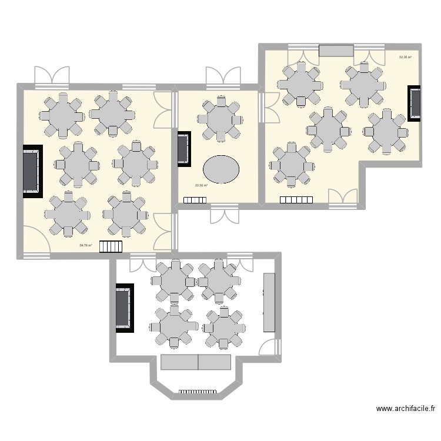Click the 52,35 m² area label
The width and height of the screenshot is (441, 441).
tap(405, 58)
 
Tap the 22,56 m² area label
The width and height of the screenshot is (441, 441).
tap(201, 186)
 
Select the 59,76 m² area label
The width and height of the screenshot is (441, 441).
tap(86, 245)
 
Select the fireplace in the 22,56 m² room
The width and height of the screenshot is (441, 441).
tap(184, 148)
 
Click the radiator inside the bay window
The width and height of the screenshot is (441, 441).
tap(198, 390)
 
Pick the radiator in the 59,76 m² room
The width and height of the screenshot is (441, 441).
tap(109, 246)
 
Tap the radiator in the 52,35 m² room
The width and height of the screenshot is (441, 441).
tap(296, 200)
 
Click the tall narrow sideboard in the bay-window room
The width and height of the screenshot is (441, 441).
tap(269, 302)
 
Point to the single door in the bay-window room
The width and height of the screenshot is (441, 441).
tap(268, 347)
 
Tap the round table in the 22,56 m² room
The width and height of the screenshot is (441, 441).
tap(220, 119)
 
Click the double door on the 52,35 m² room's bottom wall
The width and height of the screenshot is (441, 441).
tap(343, 198)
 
